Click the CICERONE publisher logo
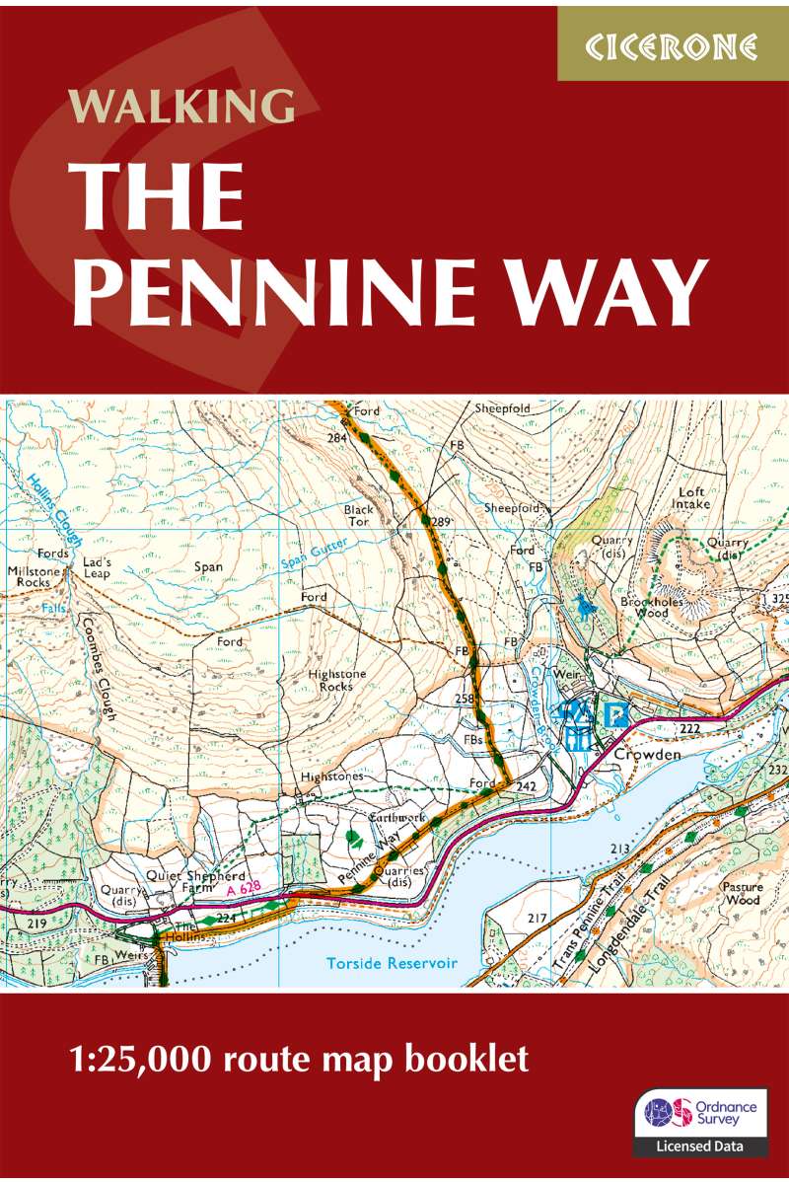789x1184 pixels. pyautogui.click(x=674, y=45)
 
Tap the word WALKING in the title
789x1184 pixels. pyautogui.click(x=181, y=106)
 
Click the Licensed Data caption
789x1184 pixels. pyautogui.click(x=700, y=1147)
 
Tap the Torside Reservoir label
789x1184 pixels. pyautogui.click(x=392, y=963)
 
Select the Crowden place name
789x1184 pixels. pyautogui.click(x=647, y=755)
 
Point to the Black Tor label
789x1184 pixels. pyautogui.click(x=359, y=516)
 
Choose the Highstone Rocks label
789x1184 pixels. pyautogui.click(x=330, y=680)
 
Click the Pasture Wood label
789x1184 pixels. pyautogui.click(x=741, y=894)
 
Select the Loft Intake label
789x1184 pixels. pyautogui.click(x=694, y=497)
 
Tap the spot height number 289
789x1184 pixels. pyautogui.click(x=441, y=522)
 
